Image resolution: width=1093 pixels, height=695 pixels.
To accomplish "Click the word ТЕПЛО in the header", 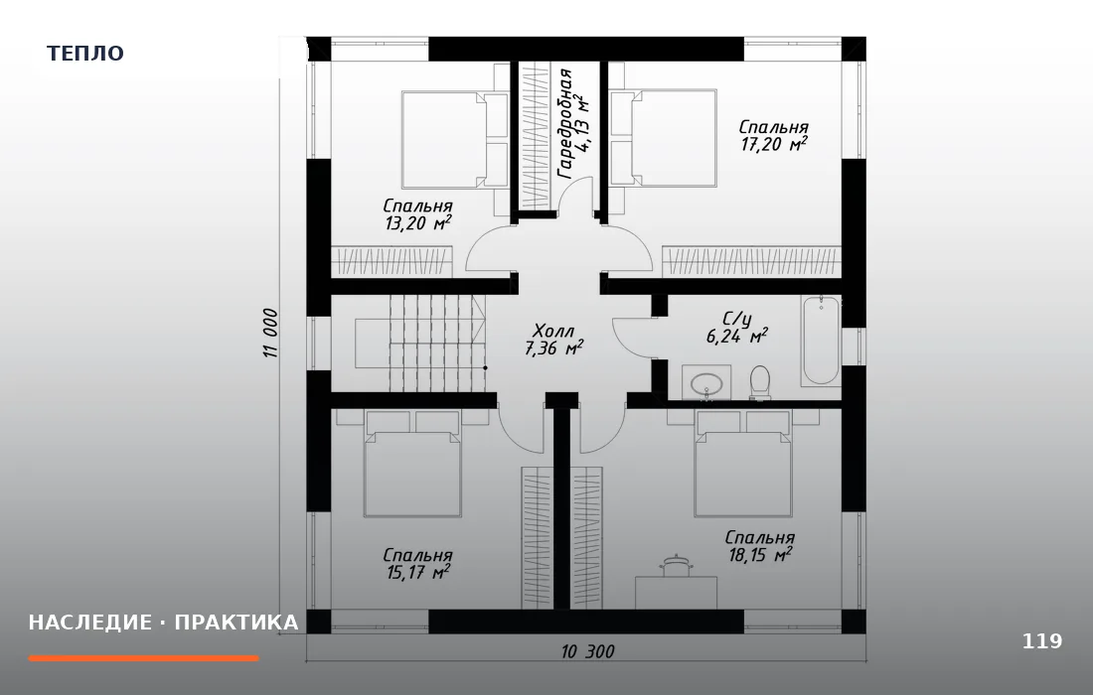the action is pyautogui.click(x=85, y=54).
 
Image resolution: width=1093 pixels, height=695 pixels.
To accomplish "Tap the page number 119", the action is pyautogui.click(x=1042, y=640).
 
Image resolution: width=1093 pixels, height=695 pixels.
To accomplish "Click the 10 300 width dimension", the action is pyautogui.click(x=587, y=652).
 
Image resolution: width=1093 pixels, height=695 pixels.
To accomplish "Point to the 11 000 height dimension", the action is pyautogui.click(x=271, y=334).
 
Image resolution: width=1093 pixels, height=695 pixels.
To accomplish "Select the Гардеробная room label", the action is pyautogui.click(x=565, y=124).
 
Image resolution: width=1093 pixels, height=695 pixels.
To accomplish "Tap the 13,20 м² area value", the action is pyautogui.click(x=417, y=223).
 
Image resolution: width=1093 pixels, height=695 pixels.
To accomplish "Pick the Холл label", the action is pyautogui.click(x=553, y=330).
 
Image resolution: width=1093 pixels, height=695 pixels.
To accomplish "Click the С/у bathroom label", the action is pyautogui.click(x=737, y=320).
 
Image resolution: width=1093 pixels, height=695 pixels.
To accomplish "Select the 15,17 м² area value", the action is pyautogui.click(x=417, y=573).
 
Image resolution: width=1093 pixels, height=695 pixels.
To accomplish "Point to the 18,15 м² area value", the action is pyautogui.click(x=759, y=555).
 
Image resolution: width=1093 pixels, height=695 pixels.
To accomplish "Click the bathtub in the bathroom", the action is pyautogui.click(x=821, y=341).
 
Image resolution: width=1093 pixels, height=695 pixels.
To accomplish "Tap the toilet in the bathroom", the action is pyautogui.click(x=760, y=382).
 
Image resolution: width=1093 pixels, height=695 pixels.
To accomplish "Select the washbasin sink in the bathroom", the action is pyautogui.click(x=706, y=382).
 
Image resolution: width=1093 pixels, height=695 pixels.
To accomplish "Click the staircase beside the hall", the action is pyautogui.click(x=420, y=343).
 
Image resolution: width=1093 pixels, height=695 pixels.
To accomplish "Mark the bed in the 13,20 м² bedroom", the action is pyautogui.click(x=454, y=139).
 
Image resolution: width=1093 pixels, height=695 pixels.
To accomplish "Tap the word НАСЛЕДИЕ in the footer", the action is pyautogui.click(x=89, y=622).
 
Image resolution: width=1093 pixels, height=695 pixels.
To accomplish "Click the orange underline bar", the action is pyautogui.click(x=144, y=658).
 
